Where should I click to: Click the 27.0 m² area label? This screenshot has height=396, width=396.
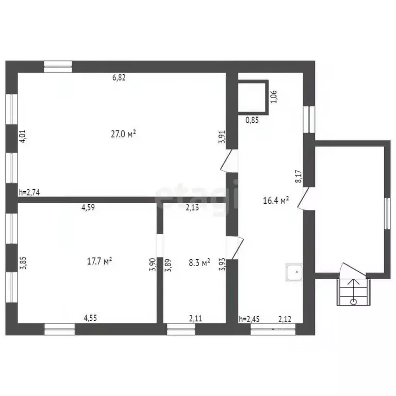(123, 134)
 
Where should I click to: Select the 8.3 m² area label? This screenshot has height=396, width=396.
(199, 263)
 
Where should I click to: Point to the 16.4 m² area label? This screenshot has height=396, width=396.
(276, 200)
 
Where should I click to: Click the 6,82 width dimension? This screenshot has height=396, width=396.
(120, 78)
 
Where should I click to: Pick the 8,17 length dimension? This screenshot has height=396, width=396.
(298, 178)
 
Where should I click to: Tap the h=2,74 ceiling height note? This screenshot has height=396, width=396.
(29, 192)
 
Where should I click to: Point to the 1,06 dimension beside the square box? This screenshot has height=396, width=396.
(274, 96)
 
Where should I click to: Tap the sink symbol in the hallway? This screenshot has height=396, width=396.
(295, 272)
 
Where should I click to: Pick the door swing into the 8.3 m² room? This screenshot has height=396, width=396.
(235, 248)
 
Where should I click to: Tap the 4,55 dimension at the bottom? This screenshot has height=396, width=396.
(90, 319)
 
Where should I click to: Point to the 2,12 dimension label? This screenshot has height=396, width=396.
(285, 319)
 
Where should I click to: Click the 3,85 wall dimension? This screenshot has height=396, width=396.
(22, 264)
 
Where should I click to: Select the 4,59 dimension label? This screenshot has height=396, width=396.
(88, 208)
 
